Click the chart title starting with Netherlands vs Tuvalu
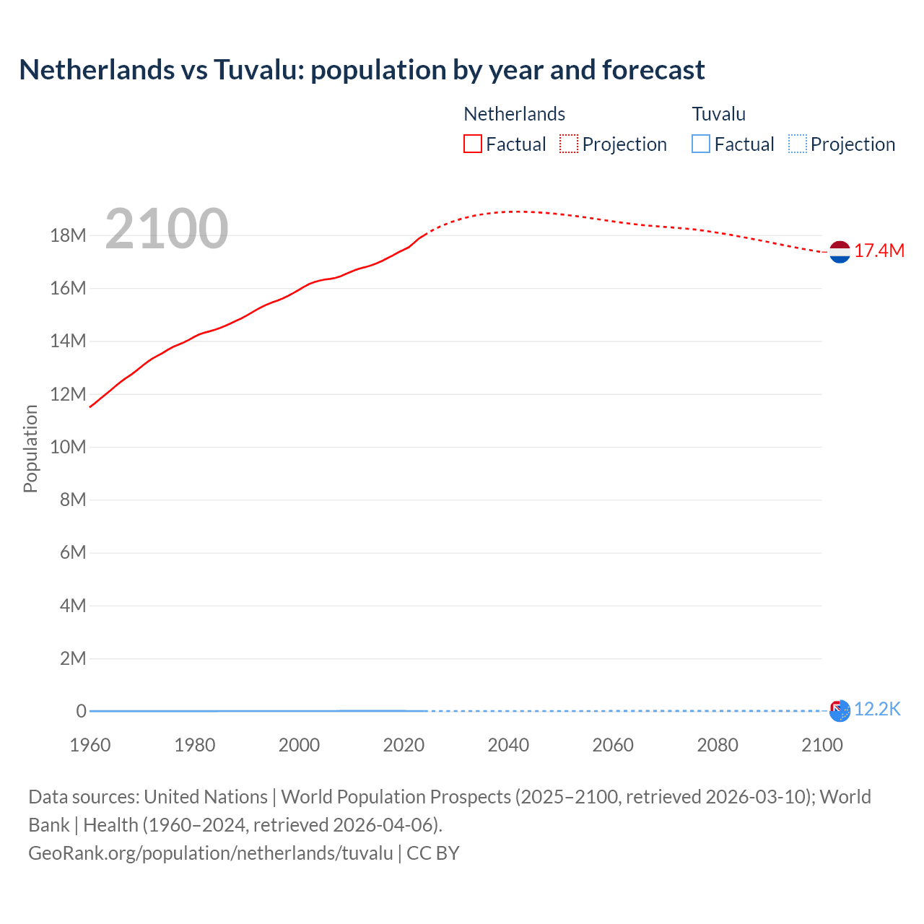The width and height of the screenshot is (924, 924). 362,70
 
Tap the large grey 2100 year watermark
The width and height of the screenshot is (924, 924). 167,229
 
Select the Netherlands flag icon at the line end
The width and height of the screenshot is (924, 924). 840,251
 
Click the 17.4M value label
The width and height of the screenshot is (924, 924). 879,250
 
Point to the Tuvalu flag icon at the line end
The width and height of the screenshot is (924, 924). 840,710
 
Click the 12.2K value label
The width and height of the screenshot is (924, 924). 877,709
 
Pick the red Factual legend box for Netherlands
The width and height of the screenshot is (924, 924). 473,144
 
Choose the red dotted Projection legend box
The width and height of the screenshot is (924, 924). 569,144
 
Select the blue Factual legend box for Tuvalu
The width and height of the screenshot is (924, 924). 701,144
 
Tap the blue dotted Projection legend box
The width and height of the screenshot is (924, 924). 797,144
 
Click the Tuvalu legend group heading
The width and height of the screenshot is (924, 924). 718,114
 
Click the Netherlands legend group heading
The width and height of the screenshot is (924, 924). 514,114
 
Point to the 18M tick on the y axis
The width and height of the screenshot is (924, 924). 69,235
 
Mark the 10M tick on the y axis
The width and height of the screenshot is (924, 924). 69,447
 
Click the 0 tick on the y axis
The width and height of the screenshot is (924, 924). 81,711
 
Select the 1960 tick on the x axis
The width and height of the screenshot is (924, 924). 90,745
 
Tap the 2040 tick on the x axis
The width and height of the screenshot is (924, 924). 508,745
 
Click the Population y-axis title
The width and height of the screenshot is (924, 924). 30,448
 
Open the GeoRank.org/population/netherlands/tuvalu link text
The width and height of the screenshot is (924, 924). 211,853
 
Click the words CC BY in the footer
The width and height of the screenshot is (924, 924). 433,853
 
